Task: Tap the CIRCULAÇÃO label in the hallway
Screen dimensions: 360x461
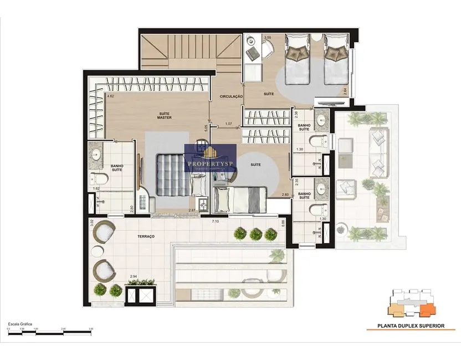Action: pyautogui.click(x=232, y=96)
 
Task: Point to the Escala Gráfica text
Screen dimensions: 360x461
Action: pyautogui.click(x=19, y=323)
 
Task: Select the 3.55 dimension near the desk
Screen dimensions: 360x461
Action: pyautogui.click(x=268, y=38)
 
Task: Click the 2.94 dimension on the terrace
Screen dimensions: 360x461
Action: pyautogui.click(x=134, y=276)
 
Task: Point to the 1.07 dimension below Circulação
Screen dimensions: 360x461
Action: pyautogui.click(x=228, y=124)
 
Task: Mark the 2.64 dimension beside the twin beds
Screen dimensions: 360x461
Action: pyautogui.click(x=345, y=92)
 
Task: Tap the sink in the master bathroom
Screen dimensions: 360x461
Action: pyautogui.click(x=96, y=153)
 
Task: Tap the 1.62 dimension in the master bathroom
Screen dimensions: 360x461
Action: pyautogui.click(x=96, y=189)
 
